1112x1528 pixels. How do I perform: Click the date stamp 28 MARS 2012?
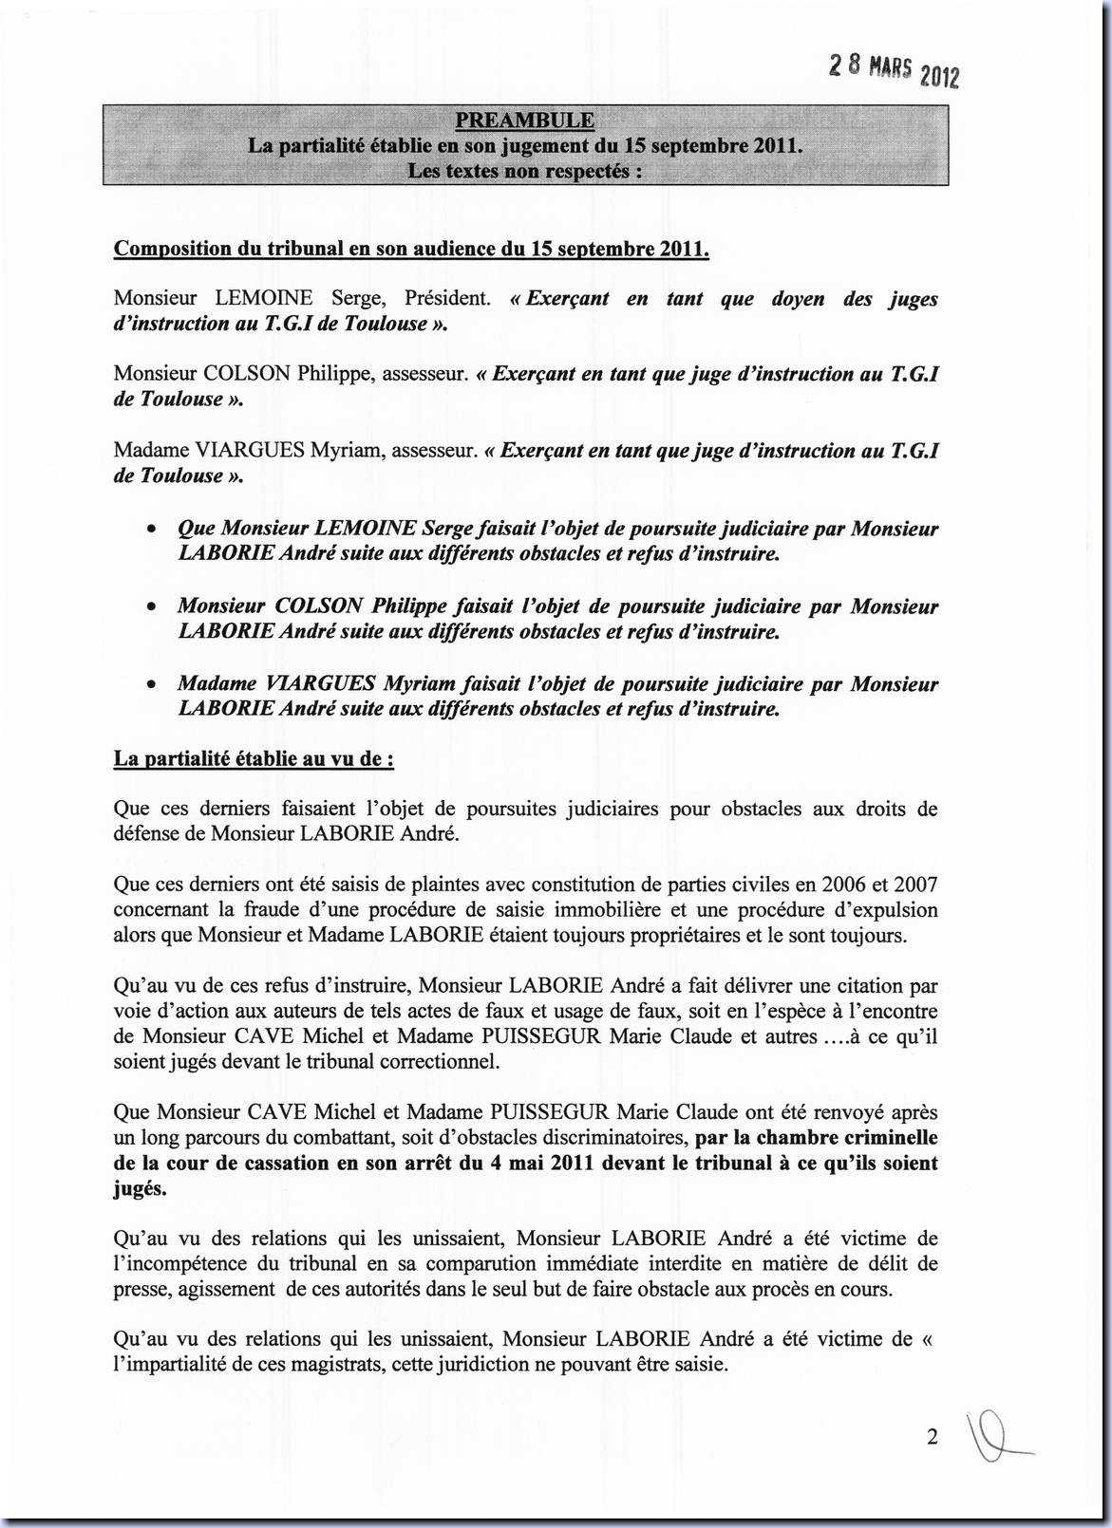[894, 69]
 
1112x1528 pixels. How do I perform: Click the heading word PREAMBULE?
[524, 121]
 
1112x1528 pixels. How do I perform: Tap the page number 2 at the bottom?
[932, 1437]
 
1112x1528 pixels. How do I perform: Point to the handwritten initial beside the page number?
[992, 1440]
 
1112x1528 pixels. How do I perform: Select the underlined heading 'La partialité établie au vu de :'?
[254, 758]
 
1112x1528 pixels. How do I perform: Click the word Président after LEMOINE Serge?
[447, 298]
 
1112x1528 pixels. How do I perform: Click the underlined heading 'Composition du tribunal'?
[410, 249]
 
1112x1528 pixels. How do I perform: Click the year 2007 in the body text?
[915, 885]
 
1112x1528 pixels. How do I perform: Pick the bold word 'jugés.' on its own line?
[140, 1188]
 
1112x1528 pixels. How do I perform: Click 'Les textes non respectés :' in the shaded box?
[524, 171]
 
